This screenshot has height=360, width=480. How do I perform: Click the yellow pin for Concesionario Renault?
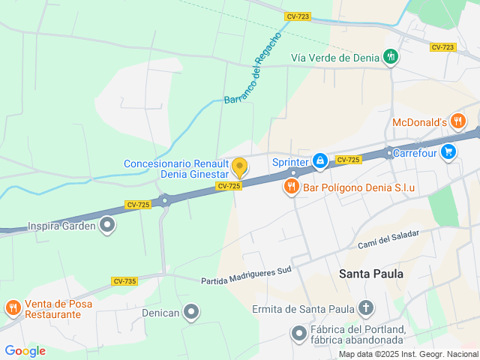[239, 167]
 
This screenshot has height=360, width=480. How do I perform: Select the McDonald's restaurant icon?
[457, 121]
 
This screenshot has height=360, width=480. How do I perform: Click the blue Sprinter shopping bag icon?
[320, 160]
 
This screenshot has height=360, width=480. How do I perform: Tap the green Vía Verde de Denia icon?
[390, 57]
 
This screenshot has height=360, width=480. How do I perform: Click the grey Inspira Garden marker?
[108, 224]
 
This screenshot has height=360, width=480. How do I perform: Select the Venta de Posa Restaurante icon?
[13, 307]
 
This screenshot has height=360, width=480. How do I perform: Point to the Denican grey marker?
[192, 311]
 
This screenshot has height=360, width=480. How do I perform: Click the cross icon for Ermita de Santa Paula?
[365, 307]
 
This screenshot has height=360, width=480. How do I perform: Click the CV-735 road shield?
[124, 280]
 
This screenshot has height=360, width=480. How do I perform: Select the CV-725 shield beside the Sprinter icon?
[349, 160]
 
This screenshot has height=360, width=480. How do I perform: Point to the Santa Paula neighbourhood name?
[371, 274]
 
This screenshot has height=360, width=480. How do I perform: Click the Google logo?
[25, 351]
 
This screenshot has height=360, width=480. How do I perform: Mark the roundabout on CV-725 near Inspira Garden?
[166, 200]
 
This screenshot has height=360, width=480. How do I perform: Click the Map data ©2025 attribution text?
[407, 354]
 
